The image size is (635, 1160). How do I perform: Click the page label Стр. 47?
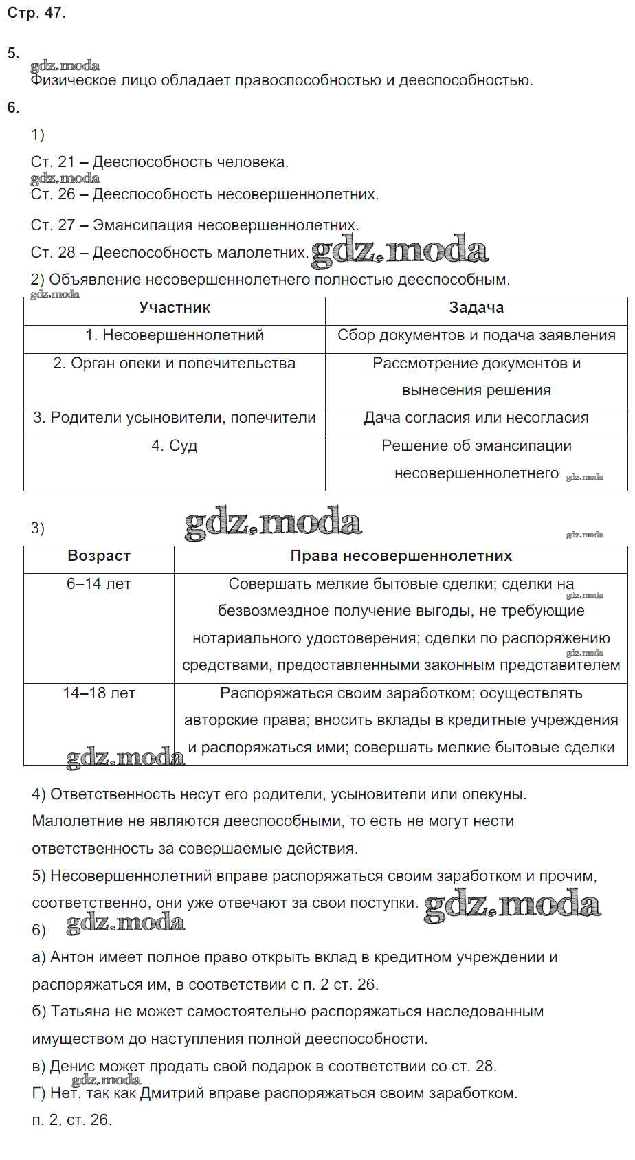[36, 13]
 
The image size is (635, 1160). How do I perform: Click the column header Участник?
[175, 308]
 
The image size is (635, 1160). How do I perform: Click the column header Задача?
[476, 308]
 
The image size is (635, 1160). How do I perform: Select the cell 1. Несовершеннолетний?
[175, 335]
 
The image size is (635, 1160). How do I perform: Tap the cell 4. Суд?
[175, 446]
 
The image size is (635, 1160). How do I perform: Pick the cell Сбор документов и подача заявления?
[476, 335]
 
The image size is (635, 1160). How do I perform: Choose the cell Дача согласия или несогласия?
[476, 418]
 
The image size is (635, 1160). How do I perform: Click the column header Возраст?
[99, 556]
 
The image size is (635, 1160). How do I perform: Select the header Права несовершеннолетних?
[401, 556]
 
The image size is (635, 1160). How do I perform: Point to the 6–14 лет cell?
[99, 584]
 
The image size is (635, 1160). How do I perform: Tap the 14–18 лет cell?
[99, 693]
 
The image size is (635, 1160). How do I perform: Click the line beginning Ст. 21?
[159, 162]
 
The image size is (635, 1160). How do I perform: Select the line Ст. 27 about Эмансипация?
[194, 225]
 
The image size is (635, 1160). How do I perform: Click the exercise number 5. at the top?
[13, 54]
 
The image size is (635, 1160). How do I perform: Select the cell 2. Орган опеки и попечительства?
[175, 364]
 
